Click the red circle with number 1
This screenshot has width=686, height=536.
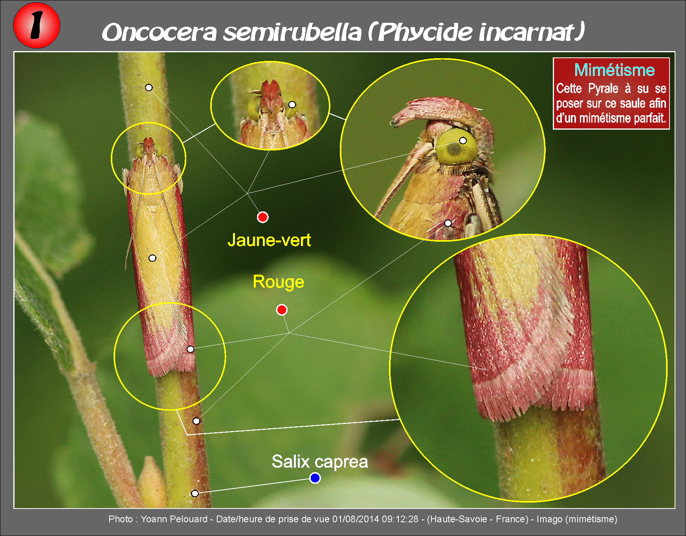click(x=37, y=25)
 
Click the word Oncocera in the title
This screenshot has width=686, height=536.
click(x=159, y=32)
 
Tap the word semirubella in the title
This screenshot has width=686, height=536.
click(x=292, y=32)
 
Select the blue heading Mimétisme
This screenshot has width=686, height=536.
click(x=614, y=70)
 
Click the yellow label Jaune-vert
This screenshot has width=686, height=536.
click(x=269, y=240)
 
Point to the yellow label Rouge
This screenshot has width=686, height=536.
click(x=278, y=282)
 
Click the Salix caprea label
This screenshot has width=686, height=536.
click(x=320, y=462)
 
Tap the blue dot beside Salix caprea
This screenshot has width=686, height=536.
click(x=315, y=478)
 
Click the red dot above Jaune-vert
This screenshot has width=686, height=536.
click(x=262, y=217)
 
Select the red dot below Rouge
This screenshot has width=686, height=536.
click(x=282, y=310)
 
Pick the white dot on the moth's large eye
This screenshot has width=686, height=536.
click(x=463, y=141)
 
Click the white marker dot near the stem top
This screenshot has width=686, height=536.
click(x=149, y=88)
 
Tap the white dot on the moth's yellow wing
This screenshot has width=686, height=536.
click(x=152, y=258)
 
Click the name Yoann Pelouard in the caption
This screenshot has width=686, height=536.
click(x=174, y=519)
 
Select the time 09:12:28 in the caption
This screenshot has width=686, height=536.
click(x=400, y=519)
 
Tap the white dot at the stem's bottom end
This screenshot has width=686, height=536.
click(x=195, y=494)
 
